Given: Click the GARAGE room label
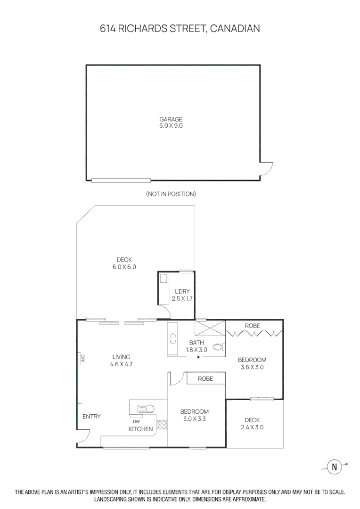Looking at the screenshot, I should [x=171, y=120].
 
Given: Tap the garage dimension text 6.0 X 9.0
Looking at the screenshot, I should [x=171, y=126].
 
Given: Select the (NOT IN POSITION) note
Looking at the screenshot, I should [x=171, y=194].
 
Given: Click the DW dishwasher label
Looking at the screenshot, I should [x=136, y=421].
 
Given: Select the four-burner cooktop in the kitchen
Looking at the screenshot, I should [x=162, y=425].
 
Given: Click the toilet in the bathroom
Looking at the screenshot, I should [x=218, y=348].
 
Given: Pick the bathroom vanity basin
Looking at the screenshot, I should [x=173, y=339].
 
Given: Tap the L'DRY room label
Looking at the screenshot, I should [x=182, y=292].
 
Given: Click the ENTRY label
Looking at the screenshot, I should [x=91, y=417].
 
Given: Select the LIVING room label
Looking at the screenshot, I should [x=121, y=357].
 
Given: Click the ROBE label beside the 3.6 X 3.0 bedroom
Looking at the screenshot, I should [x=253, y=326].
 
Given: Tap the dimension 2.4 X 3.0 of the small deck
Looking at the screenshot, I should [x=252, y=427].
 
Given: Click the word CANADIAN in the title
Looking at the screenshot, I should [x=235, y=29].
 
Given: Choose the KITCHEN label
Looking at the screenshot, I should [x=141, y=429].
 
